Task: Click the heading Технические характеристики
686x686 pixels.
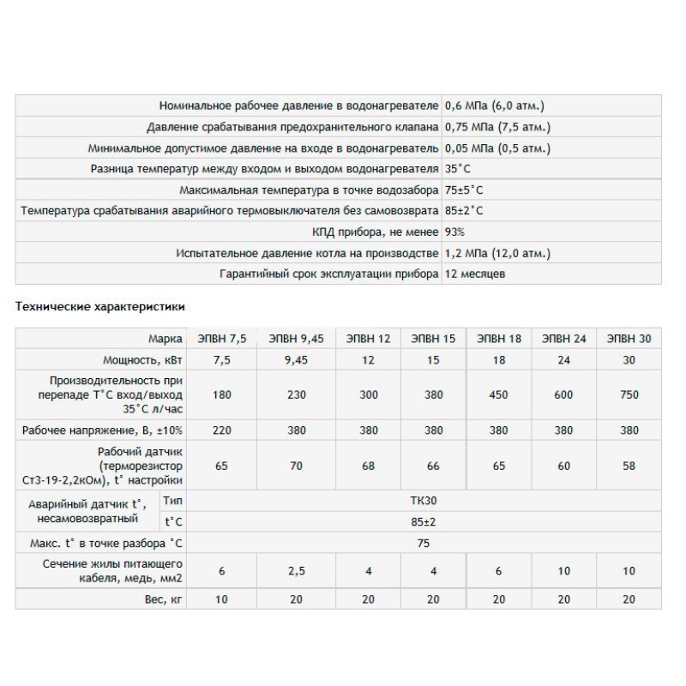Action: click(100, 305)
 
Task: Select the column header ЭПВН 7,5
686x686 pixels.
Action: click(221, 339)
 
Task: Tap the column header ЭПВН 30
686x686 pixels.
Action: click(629, 339)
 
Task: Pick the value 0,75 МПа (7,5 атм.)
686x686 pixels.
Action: click(497, 127)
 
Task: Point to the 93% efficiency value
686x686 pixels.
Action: click(455, 232)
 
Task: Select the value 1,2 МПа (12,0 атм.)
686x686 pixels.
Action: click(497, 253)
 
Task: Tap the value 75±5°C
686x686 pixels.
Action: click(470, 190)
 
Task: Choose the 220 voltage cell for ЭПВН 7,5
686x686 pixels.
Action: click(221, 430)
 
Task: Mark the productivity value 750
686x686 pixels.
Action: click(629, 395)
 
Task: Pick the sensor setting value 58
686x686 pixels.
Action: click(629, 466)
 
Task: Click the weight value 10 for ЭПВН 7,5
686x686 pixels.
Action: click(221, 599)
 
